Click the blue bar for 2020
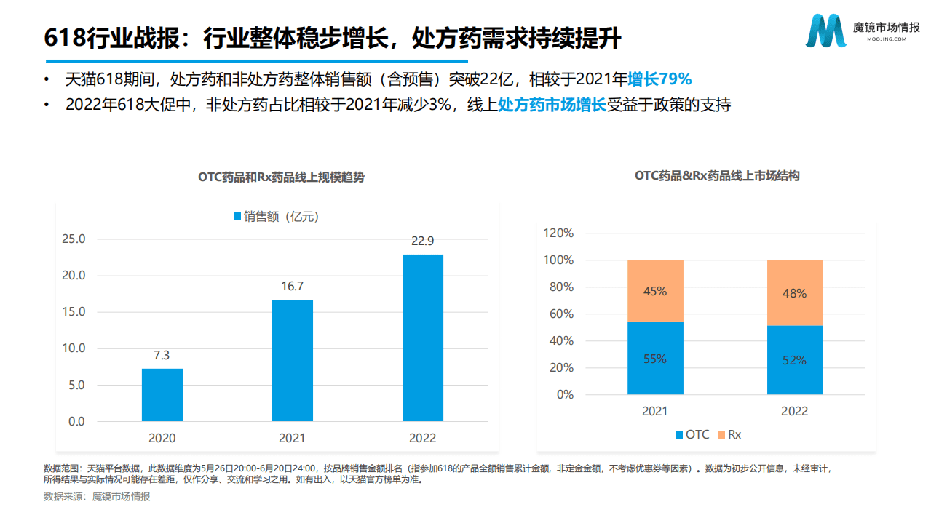162,395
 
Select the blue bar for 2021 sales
292,360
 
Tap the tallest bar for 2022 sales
422,338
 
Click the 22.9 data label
422,241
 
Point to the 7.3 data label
162,355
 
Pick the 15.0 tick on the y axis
74,312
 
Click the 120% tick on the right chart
558,233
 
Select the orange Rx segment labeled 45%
654,291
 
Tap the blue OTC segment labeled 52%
794,360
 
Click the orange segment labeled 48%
794,293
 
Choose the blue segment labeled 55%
654,358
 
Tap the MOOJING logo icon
826,30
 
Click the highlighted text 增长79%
659,79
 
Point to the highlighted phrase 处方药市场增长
552,105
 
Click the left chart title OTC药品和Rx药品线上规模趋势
281,177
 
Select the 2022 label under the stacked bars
794,411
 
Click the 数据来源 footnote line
97,496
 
